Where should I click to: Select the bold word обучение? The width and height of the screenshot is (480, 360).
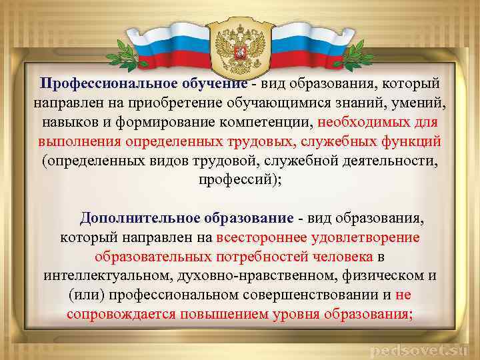point(211,85)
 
